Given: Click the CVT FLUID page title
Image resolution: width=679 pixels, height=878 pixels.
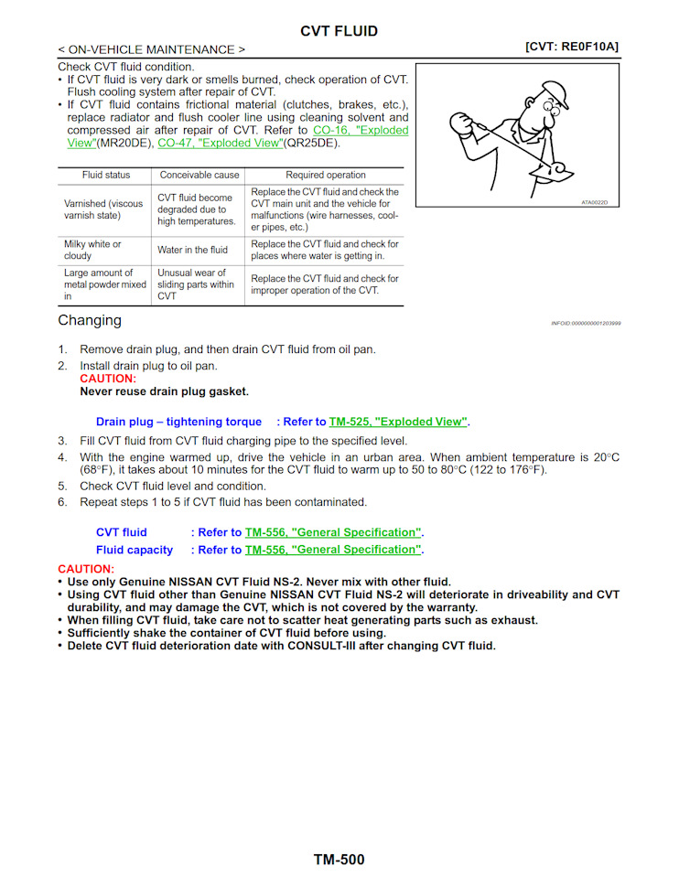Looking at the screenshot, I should (x=339, y=31).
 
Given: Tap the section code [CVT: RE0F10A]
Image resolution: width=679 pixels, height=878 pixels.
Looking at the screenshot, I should (x=572, y=46).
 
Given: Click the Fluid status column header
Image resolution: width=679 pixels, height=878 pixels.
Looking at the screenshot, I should (x=106, y=175).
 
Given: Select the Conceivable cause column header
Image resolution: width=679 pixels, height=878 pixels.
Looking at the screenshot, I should (x=199, y=175).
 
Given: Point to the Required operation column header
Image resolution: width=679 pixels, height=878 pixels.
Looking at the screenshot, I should (x=325, y=175).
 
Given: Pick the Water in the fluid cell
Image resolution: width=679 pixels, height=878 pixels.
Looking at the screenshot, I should (x=192, y=250).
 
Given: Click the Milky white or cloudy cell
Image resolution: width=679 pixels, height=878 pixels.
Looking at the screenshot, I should (x=92, y=250).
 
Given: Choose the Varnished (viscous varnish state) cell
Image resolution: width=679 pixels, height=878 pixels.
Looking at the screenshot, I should (x=103, y=209).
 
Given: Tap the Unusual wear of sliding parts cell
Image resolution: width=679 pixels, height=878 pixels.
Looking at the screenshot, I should (x=195, y=284).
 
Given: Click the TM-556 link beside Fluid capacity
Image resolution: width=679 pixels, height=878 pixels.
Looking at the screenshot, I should (x=333, y=550).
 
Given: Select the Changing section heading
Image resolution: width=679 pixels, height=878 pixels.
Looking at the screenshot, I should (x=89, y=320).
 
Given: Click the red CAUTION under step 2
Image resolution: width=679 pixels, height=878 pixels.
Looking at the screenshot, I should (x=107, y=379).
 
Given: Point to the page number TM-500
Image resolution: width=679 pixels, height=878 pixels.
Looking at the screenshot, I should (x=339, y=860).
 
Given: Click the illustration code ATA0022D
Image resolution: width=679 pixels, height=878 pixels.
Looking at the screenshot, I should (x=594, y=202).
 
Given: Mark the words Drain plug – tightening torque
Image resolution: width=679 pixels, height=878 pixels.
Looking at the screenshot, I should (x=172, y=423).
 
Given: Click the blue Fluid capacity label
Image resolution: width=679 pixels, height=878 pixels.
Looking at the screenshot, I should (x=135, y=550).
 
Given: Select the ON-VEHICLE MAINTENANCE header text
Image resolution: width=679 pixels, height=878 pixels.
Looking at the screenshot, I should (x=151, y=49).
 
